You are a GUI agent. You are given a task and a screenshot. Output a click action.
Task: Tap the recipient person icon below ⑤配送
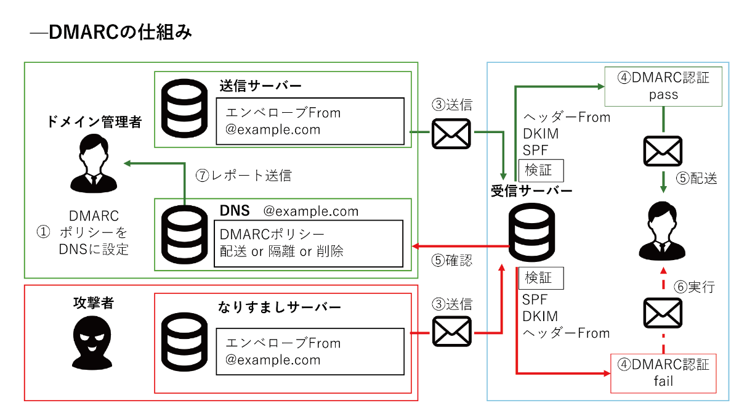663,231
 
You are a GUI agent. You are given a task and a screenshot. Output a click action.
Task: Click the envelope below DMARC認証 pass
663,151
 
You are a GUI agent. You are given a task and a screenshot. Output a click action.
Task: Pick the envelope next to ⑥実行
663,312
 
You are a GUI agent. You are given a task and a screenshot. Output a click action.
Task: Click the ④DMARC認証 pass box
663,86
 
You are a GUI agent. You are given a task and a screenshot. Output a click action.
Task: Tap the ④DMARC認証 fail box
663,372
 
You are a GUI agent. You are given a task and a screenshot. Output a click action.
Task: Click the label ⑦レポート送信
243,176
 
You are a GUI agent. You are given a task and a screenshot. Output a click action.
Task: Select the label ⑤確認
452,261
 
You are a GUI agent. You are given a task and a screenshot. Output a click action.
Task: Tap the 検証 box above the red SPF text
541,278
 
